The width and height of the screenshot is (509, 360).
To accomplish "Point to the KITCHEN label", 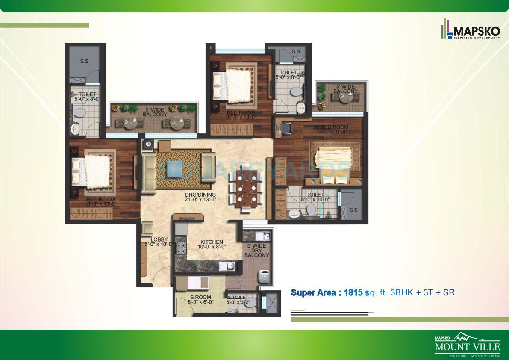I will pyautogui.click(x=212, y=244).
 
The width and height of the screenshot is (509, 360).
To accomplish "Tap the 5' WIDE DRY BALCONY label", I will pyautogui.click(x=256, y=250).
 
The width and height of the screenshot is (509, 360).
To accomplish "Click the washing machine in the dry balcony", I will pyautogui.click(x=264, y=276).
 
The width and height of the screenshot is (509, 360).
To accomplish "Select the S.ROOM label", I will pyautogui.click(x=197, y=299).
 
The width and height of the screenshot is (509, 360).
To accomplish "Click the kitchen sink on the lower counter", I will pyautogui.click(x=227, y=267).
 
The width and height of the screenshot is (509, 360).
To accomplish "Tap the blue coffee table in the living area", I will pyautogui.click(x=176, y=168).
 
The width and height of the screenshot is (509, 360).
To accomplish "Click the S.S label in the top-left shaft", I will pyautogui.click(x=84, y=61).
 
